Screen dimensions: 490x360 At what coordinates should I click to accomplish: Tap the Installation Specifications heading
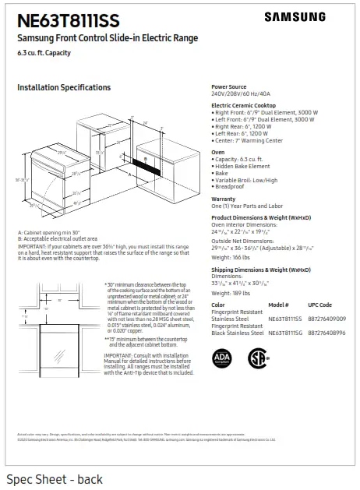[64, 87]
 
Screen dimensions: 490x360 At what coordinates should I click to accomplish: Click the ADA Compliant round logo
[222, 358]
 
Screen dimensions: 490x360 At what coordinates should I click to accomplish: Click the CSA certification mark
[257, 358]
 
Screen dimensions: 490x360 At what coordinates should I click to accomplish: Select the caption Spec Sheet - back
[54, 479]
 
